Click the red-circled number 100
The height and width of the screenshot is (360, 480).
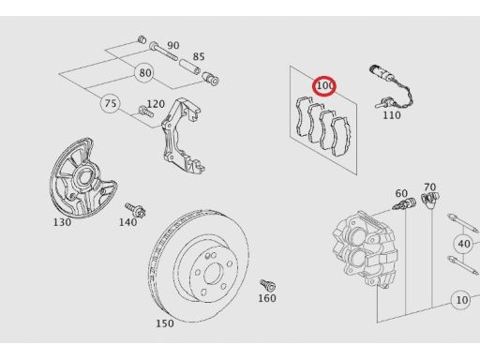tap(325, 86)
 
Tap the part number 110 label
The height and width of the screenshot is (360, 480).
tap(391, 116)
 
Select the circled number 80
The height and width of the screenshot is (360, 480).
tap(144, 72)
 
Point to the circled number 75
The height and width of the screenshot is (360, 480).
tap(111, 103)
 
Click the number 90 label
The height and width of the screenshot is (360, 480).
tap(172, 45)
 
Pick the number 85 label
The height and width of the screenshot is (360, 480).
tap(198, 57)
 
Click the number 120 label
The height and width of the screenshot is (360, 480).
tap(156, 104)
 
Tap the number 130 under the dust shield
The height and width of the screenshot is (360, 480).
tap(62, 223)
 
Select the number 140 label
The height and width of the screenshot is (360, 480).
tap(127, 222)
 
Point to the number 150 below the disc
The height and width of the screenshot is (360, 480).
tap(165, 323)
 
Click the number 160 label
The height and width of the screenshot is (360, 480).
tap(267, 298)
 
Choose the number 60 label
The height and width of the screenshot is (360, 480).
tap(401, 193)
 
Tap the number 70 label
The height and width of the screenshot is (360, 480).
tap(429, 187)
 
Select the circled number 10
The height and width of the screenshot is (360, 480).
tap(460, 300)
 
